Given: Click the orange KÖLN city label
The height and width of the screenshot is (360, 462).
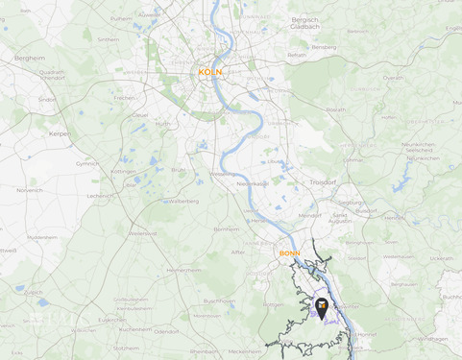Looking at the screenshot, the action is pyautogui.click(x=209, y=72).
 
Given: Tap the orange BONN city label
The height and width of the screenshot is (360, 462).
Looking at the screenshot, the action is pyautogui.click(x=289, y=253).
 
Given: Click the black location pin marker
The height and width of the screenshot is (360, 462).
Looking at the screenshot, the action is pyautogui.click(x=322, y=307).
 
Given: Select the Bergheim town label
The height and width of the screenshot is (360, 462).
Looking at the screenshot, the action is pyautogui.click(x=30, y=59).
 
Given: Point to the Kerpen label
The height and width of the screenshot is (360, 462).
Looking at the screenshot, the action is pyautogui.click(x=60, y=133).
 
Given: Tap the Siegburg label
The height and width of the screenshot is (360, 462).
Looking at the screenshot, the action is pyautogui.click(x=349, y=203).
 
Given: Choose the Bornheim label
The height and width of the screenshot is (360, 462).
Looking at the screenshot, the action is pyautogui.click(x=227, y=229).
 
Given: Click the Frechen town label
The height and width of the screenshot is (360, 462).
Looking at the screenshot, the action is pyautogui.click(x=125, y=98).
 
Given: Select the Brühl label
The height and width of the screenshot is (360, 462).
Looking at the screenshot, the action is pyautogui.click(x=178, y=170).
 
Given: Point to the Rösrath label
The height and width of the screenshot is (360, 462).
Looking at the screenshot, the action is pyautogui.click(x=336, y=109).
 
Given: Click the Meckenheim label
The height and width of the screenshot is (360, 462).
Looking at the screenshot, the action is pyautogui.click(x=246, y=351).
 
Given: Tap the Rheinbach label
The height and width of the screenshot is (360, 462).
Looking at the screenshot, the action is pyautogui.click(x=204, y=351).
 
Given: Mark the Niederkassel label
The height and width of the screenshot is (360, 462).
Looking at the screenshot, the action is pyautogui.click(x=252, y=183).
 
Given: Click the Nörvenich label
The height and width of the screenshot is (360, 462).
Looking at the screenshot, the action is pyautogui.click(x=29, y=190).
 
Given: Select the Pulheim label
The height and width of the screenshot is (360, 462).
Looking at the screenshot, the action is pyautogui.click(x=121, y=18).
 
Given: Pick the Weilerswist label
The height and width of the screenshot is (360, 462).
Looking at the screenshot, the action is pyautogui.click(x=142, y=233).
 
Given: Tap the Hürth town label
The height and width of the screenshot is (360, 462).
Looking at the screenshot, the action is pyautogui.click(x=163, y=123).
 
